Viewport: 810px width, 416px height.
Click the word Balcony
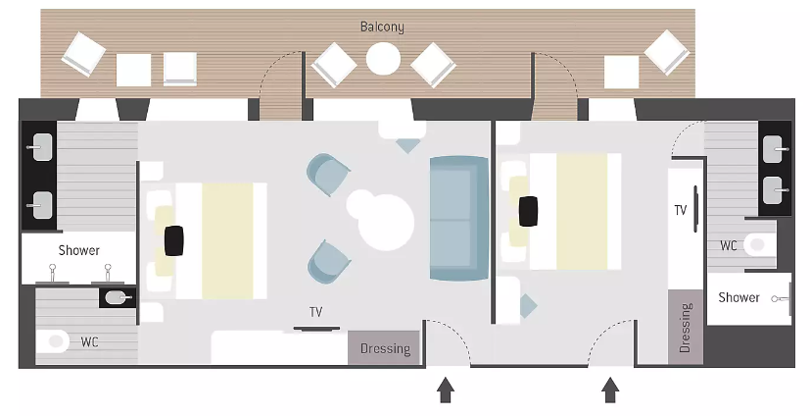[x=382, y=26]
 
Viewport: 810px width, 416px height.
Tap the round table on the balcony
[x=383, y=58]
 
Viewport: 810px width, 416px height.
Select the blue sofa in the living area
[x=458, y=219]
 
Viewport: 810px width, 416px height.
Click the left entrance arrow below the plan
[x=446, y=390]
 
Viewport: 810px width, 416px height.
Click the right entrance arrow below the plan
[x=610, y=390]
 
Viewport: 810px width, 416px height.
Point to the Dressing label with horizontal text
[x=385, y=348]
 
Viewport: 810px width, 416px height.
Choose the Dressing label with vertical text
[x=685, y=328]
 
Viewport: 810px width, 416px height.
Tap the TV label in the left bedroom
[x=315, y=312]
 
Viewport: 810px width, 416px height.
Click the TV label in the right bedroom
[x=681, y=210]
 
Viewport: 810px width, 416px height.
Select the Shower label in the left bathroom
[x=78, y=250]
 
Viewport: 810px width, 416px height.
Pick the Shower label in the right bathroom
[x=739, y=297]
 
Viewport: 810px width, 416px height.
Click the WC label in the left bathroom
[x=89, y=342]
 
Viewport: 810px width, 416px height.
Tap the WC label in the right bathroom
[x=729, y=245]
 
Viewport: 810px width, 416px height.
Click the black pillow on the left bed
[x=174, y=240]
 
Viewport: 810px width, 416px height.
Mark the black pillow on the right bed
[x=528, y=211]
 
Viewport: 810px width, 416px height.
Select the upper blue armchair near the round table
[x=327, y=174]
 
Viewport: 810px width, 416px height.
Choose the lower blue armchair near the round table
[x=328, y=262]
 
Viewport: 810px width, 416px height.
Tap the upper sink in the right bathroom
[x=774, y=148]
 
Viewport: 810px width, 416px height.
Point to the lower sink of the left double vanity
[x=42, y=205]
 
